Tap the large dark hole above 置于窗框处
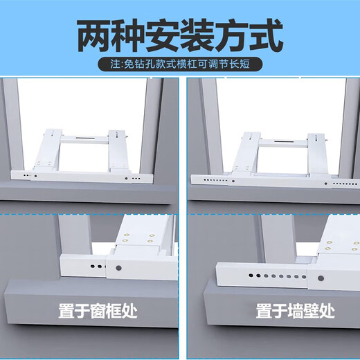point(118,267)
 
